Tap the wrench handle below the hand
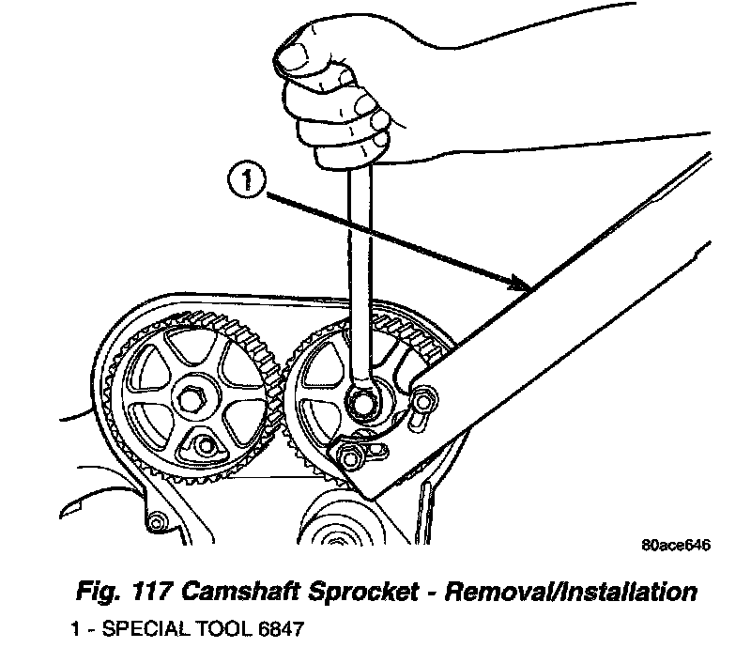point(359,254)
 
